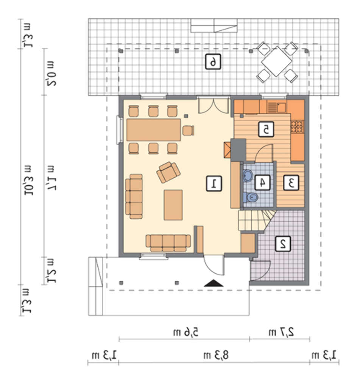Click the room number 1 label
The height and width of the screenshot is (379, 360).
pos(214,184)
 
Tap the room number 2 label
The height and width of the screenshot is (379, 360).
pos(283,244)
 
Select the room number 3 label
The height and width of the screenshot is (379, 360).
pos(291,183)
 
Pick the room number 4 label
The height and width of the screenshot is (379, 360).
pos(262,183)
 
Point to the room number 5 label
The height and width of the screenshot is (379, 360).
pos(266,129)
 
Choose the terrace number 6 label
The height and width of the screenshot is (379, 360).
pos(213,62)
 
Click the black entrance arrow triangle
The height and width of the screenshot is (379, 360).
pos(214,283)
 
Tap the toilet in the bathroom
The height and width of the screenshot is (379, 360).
pos(250,197)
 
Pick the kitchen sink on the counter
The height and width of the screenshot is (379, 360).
pos(276,107)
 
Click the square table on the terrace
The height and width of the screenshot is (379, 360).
pos(276,61)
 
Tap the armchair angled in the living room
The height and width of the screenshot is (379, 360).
pos(168,172)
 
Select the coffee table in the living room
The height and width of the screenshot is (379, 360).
pos(173,205)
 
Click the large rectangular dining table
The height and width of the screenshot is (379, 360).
pos(154,130)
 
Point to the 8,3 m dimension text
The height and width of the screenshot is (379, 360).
pos(216,356)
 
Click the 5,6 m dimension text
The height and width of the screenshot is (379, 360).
pos(185,332)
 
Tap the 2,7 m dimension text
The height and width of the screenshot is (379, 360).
pos(281,332)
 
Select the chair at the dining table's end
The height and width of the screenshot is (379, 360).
pos(189,130)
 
